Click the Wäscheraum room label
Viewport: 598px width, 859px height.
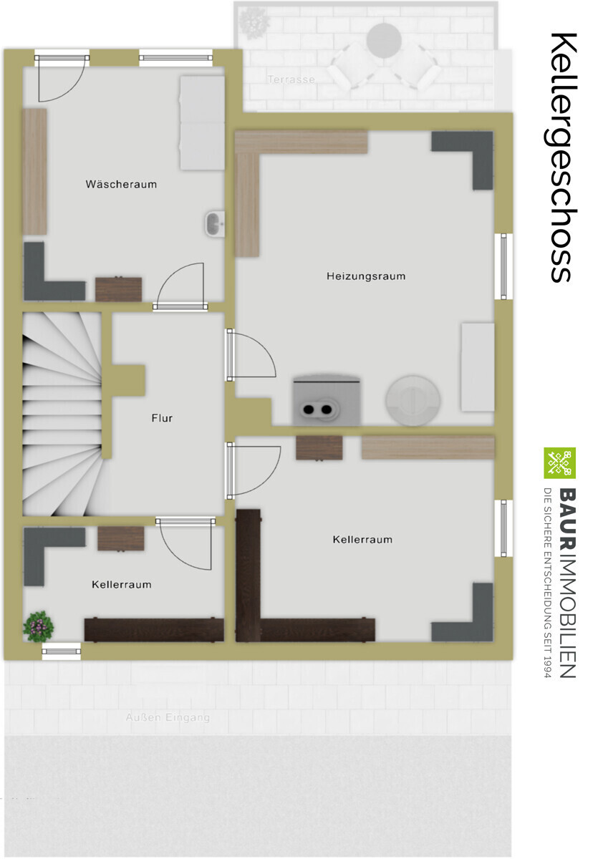pyautogui.click(x=121, y=185)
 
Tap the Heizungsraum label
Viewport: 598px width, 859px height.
pyautogui.click(x=366, y=276)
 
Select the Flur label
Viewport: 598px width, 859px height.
pyautogui.click(x=162, y=418)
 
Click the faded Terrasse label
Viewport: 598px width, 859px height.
pyautogui.click(x=291, y=79)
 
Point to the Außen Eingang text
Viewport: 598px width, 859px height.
pyautogui.click(x=168, y=717)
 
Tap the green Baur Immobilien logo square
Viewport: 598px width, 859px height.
pyautogui.click(x=559, y=463)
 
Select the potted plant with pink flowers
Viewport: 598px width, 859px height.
pyautogui.click(x=39, y=626)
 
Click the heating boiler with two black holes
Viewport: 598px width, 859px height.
pyautogui.click(x=327, y=400)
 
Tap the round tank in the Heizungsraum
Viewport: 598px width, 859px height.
pyautogui.click(x=413, y=401)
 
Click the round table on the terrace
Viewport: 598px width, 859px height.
pyautogui.click(x=384, y=40)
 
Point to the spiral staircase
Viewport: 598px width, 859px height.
pyautogui.click(x=62, y=414)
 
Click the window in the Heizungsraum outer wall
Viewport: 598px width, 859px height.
pyautogui.click(x=503, y=266)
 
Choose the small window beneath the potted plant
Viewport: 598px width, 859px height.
pyautogui.click(x=62, y=651)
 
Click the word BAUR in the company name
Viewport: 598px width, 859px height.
pyautogui.click(x=567, y=518)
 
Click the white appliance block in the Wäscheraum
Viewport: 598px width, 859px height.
pyautogui.click(x=202, y=122)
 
